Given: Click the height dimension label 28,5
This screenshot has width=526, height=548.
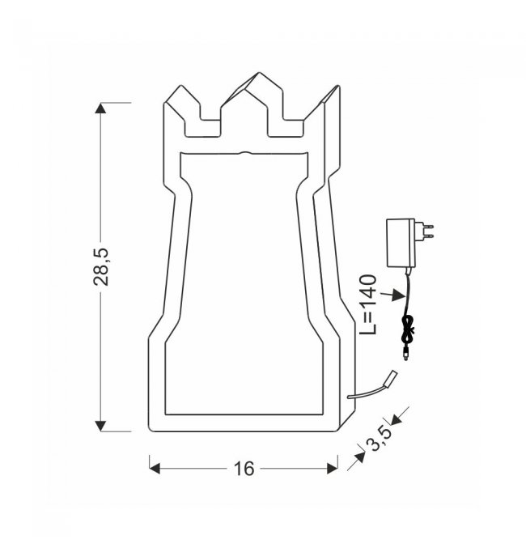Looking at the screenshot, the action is [101, 267].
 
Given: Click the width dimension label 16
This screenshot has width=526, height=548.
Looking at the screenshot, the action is [244, 469].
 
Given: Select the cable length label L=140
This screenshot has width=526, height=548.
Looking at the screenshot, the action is [368, 304].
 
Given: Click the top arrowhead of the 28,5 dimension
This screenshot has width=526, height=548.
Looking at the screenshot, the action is [100, 108].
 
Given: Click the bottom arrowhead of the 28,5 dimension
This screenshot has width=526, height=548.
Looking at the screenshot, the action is [100, 426].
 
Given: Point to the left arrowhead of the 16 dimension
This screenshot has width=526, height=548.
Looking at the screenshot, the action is [155, 469].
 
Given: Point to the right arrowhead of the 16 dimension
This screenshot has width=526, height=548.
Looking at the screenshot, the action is [333, 469].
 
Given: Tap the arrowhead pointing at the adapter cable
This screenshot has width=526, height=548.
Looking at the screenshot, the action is [399, 295].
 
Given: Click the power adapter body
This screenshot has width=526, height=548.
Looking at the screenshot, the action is [401, 243].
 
